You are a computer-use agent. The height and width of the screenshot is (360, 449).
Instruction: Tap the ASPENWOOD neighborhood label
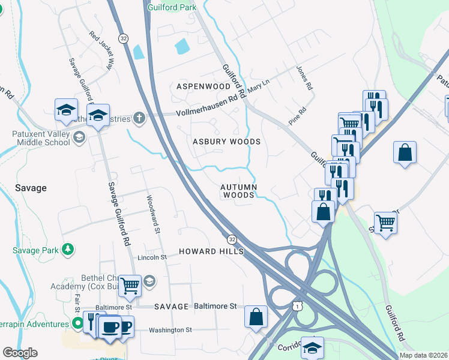coord(203,86)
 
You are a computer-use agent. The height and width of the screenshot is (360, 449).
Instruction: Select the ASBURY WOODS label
coord(226,142)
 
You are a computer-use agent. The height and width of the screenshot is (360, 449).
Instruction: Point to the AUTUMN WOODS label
coord(240,191)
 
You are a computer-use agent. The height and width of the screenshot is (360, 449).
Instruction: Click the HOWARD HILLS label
coord(210,251)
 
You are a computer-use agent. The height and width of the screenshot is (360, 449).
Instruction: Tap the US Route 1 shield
coord(296,306)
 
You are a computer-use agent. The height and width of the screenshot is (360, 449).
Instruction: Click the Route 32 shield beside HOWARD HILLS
coord(231,238)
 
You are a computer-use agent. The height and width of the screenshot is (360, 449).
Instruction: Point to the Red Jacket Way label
coord(101,51)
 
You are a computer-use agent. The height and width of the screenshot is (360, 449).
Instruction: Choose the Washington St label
coord(170,330)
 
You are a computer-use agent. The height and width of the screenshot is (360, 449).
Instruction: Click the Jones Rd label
coord(304,78)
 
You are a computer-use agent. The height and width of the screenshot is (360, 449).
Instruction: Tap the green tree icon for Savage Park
coord(68,248)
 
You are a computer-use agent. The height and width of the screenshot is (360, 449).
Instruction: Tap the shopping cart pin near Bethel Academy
coord(130,286)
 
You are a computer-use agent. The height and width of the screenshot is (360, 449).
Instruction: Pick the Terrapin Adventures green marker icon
coord(77,324)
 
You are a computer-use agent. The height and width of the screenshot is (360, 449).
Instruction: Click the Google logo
coord(20,353)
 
